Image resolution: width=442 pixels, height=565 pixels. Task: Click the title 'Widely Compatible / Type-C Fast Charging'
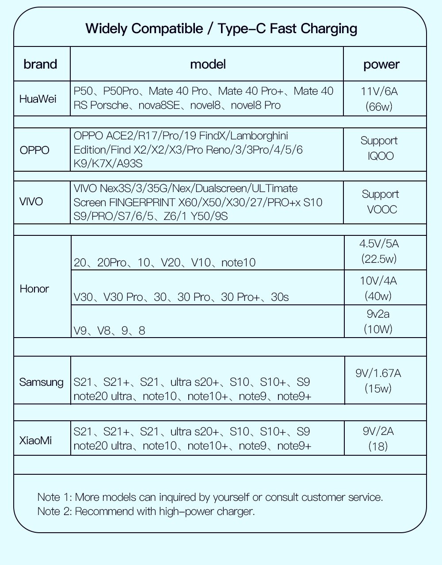221,29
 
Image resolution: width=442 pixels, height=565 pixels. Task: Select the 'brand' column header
40,64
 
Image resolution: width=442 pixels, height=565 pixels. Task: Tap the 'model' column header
208,64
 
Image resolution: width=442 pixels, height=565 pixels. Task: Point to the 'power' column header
381,65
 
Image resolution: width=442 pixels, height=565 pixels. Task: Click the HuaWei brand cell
38,99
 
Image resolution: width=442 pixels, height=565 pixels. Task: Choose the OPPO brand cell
34,150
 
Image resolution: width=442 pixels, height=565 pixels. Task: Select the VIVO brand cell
31,202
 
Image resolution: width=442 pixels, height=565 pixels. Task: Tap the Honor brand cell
34,289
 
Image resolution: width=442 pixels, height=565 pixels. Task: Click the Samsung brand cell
41,382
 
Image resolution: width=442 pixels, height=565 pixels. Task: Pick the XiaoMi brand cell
35,440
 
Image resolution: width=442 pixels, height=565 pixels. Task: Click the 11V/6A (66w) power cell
379,99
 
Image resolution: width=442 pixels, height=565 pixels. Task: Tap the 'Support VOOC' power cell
381,202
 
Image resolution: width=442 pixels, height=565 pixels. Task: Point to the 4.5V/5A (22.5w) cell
379,251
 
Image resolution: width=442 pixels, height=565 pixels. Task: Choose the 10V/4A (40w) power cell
378,288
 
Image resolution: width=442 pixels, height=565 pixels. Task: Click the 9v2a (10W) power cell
378,322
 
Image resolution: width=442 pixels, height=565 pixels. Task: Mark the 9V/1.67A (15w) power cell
378,381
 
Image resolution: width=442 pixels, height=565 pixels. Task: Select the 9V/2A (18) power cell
378,438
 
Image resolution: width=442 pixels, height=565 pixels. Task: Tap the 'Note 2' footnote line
146,511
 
